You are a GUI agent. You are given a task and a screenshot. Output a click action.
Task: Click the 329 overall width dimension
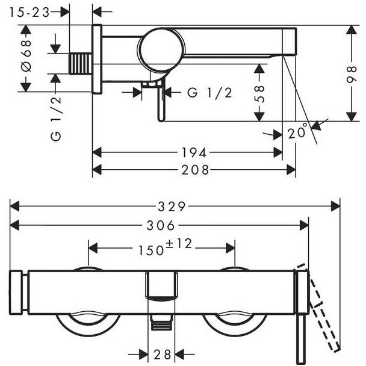tap(172, 206)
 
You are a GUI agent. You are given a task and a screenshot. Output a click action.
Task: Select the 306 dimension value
tap(161, 226)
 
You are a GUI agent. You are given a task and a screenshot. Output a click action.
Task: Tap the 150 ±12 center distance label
tap(166, 247)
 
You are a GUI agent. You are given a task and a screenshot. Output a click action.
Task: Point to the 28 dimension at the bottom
tap(162, 355)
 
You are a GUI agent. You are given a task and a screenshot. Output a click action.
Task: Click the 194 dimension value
tap(194, 153)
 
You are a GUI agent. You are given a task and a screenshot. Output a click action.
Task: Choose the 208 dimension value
tap(195, 170)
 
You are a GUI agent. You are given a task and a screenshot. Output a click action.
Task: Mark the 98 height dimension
tap(352, 74)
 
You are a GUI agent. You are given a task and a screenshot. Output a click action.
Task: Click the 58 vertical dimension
tap(259, 93)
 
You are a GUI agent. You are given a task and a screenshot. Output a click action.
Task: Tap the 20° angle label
tap(297, 132)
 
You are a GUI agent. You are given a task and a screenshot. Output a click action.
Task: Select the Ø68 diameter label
tap(26, 56)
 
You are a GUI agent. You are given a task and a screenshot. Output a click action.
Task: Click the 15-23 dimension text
tap(29, 13)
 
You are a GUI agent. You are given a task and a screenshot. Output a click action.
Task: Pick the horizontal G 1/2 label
tap(209, 93)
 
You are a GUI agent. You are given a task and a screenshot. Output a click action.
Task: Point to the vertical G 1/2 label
tap(56, 119)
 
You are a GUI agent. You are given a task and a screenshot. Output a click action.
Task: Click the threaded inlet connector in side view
tap(81, 63)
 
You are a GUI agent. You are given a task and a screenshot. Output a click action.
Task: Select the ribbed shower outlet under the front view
tap(161, 322)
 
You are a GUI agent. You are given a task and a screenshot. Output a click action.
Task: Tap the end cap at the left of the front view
tap(16, 293)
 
